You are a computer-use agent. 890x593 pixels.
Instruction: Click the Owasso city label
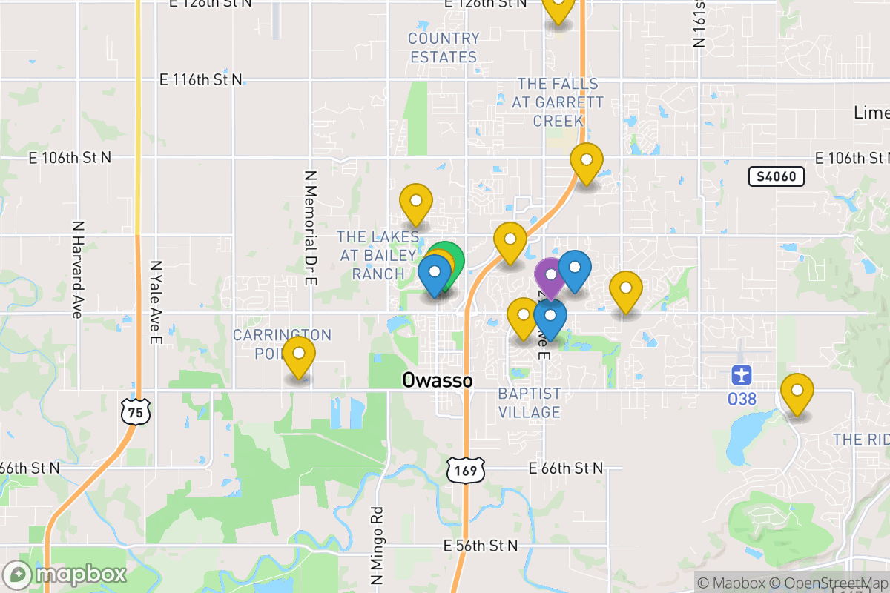pos(437,380)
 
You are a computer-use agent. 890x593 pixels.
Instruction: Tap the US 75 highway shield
pos(136,410)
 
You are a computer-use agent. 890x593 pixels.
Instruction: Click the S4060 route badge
pos(777,176)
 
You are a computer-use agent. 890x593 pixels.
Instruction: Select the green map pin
pos(447,259)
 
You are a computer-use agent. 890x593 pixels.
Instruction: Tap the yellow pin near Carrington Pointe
pos(299,355)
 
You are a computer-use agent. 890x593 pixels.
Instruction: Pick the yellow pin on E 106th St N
pos(586,161)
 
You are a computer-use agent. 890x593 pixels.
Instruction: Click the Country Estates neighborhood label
pos(444,47)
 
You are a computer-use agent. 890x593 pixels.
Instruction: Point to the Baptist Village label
pos(530,402)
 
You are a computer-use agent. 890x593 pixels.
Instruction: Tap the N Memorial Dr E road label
pos(311,228)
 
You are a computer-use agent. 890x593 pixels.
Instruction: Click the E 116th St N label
pos(202,79)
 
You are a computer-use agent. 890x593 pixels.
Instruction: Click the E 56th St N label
pos(481,546)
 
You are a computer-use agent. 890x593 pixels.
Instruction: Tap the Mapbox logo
pos(65,574)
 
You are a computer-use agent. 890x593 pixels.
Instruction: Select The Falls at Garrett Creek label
pos(558,102)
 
